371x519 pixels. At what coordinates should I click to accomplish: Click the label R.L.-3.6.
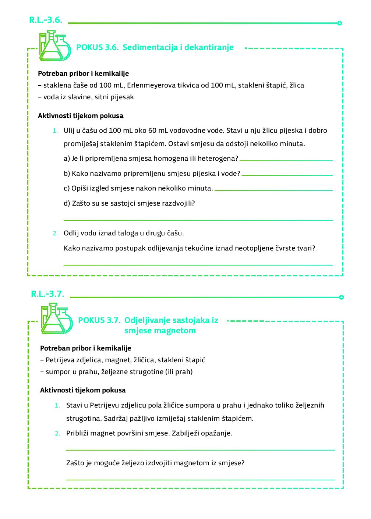point(46,20)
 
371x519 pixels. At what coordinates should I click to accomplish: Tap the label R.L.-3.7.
point(47,294)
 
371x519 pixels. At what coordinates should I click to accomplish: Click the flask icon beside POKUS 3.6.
point(54,46)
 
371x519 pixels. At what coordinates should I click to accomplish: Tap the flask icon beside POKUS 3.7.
point(56,319)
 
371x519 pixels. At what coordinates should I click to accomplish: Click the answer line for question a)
point(286,160)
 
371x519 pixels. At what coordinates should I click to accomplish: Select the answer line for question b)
point(287,175)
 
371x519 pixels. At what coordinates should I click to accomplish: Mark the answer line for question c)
point(273,190)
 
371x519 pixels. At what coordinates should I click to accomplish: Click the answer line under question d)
point(198,220)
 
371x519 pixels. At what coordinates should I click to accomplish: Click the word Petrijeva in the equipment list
point(60,360)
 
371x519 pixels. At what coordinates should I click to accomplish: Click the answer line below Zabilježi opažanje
point(200,449)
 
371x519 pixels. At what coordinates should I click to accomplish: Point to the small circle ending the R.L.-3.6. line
point(339,23)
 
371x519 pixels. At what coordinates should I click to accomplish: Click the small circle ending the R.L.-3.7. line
point(341,297)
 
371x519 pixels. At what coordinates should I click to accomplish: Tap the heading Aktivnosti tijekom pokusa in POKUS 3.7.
point(83,390)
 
